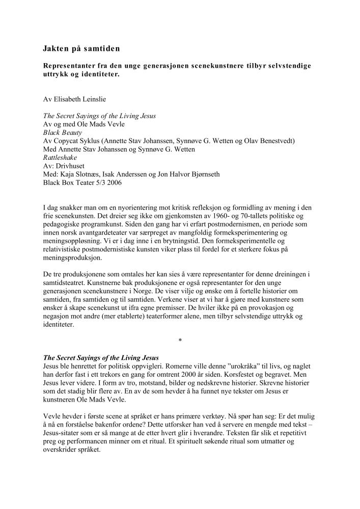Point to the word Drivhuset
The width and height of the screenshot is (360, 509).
tap(71, 166)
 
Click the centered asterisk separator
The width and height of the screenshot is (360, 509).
tap(180, 340)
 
